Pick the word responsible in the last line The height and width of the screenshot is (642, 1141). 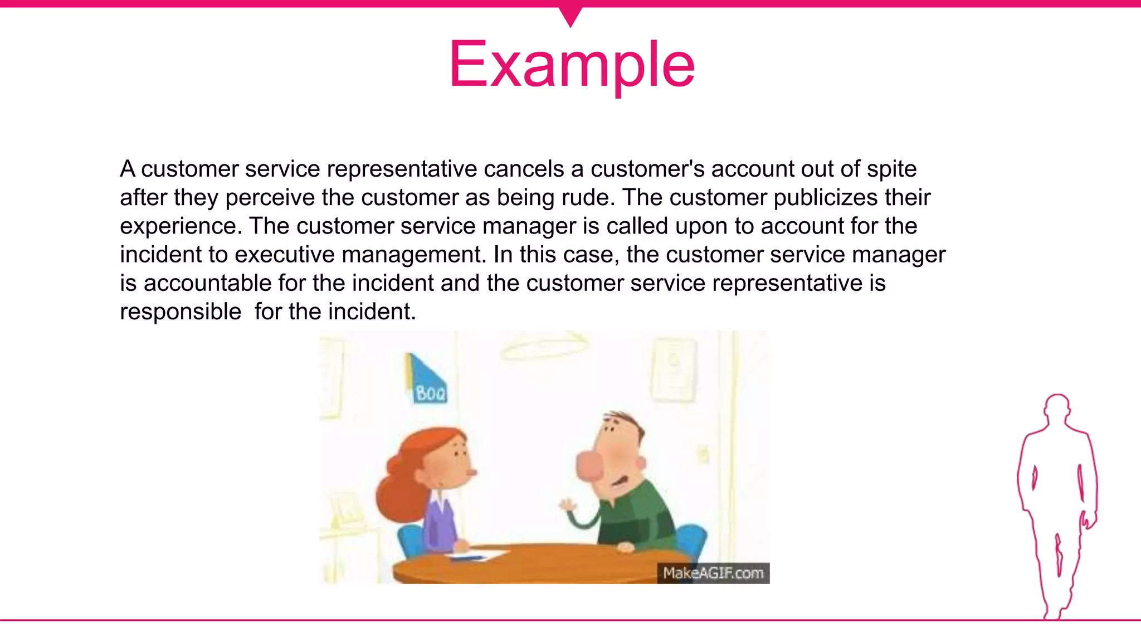coord(181,312)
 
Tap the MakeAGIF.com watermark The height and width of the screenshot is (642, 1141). coord(713,573)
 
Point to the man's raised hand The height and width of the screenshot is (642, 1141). coord(568,506)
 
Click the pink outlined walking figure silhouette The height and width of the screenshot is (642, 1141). coord(1057,502)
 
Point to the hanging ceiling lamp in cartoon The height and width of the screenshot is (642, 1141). coord(545,346)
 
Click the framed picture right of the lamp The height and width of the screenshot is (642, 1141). coord(674,371)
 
